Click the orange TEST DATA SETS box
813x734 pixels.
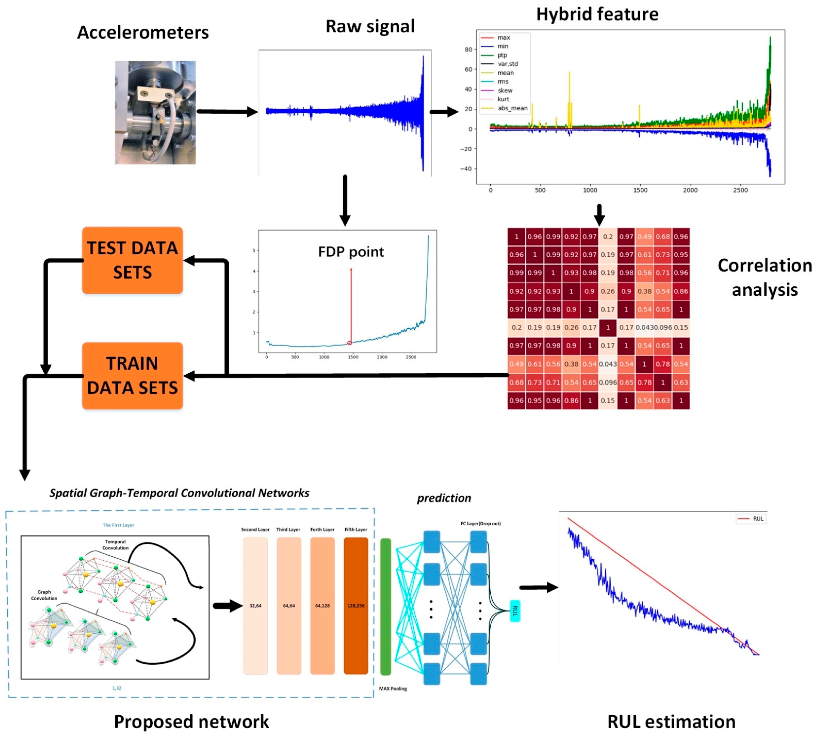[132, 260]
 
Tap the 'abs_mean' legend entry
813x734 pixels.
[512, 108]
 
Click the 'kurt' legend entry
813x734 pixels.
[503, 99]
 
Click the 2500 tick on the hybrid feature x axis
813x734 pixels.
[740, 190]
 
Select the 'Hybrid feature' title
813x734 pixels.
[597, 14]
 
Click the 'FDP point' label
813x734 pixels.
[351, 252]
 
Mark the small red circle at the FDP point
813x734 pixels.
[350, 343]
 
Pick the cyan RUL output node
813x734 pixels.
[515, 611]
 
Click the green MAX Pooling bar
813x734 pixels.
[385, 606]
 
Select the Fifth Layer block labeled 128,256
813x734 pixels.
[356, 605]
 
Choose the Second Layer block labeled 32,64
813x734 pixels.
[255, 605]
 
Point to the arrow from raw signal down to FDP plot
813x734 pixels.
[345, 200]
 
